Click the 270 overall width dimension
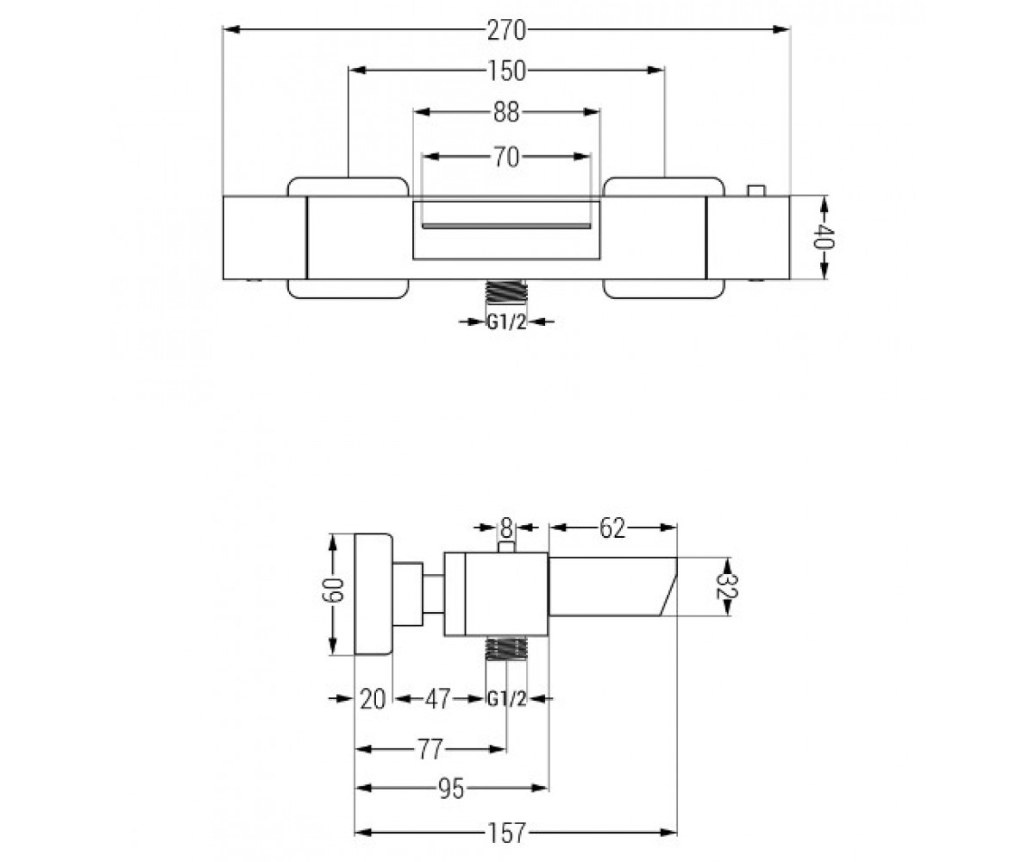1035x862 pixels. click(506, 31)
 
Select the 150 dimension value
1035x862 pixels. click(506, 71)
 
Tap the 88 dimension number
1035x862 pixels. click(506, 112)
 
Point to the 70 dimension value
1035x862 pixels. click(506, 158)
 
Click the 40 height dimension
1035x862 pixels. click(825, 238)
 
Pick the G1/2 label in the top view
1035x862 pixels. click(506, 322)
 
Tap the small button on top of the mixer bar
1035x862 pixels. click(756, 191)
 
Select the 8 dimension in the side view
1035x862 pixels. click(505, 528)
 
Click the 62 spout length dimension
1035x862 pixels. click(612, 528)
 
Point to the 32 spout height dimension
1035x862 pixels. click(727, 586)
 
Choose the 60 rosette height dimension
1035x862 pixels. click(332, 590)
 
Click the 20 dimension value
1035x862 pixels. click(373, 699)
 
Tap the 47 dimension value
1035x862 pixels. click(437, 699)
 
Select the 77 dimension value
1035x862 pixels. click(430, 749)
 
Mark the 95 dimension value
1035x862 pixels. click(451, 788)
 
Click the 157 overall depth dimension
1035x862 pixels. click(506, 833)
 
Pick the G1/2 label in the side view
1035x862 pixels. click(506, 699)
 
